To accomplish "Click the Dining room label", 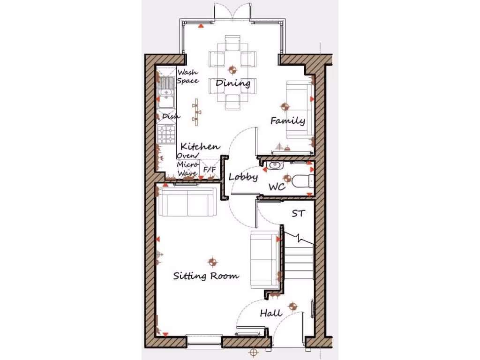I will point(232,83).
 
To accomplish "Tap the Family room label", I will point(287,120).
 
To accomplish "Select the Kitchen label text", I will point(200,146).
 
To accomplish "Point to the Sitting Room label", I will point(206,275).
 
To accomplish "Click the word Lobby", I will point(243,177).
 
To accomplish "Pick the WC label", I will point(277,187).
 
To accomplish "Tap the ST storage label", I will point(298,214).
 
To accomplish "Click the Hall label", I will point(271,313).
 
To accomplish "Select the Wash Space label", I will point(187,76).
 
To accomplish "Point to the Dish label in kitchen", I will point(168,116).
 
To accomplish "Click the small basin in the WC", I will point(274,165).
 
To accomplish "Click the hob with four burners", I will point(167,134).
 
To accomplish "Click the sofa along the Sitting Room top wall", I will point(187,202).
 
